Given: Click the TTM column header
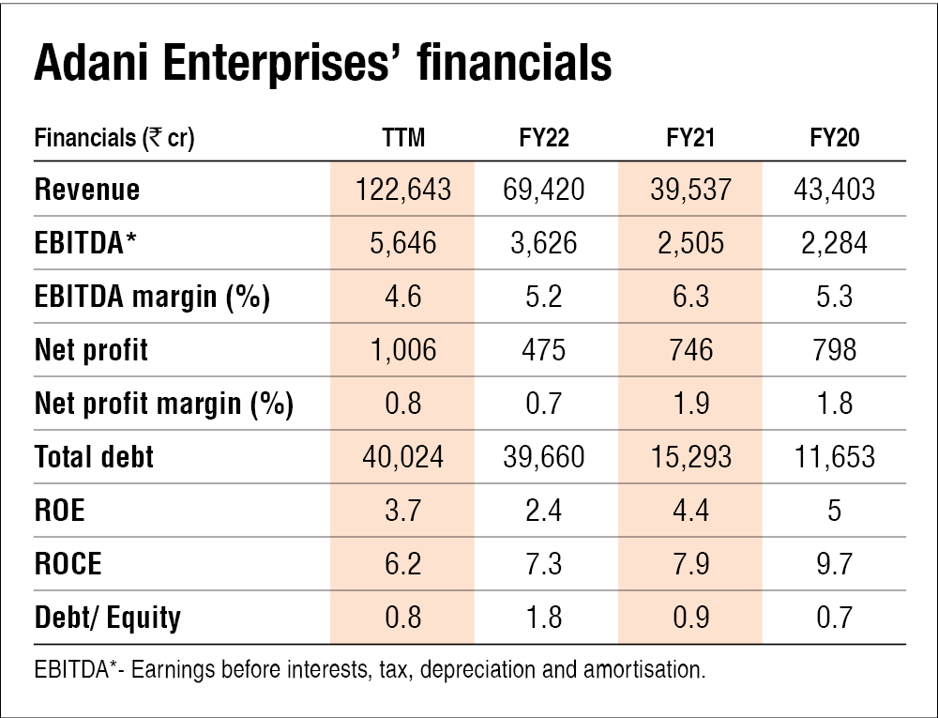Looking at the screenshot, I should (404, 139).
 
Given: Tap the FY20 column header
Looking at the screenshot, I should (835, 139).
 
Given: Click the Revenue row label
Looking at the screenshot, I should (86, 190).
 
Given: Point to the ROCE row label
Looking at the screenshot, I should (68, 563).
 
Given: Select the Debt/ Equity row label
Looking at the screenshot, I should (107, 617).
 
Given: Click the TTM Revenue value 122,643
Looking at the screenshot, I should (404, 190).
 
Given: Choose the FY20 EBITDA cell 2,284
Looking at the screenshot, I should (835, 243).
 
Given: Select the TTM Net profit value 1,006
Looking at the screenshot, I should (404, 350).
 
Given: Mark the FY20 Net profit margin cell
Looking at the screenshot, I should (835, 404).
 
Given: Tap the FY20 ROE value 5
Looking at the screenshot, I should (835, 511).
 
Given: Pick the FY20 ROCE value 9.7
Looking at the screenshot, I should (835, 563).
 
